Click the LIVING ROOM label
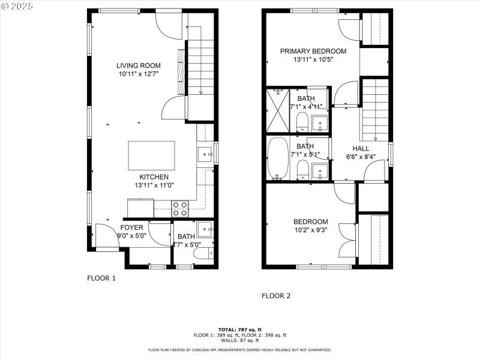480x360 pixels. pyautogui.click(x=139, y=65)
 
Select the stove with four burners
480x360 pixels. pyautogui.click(x=180, y=208)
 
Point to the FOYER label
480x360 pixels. pyautogui.click(x=132, y=227)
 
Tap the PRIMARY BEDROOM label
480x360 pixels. pyautogui.click(x=313, y=52)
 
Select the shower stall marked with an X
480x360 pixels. pyautogui.click(x=278, y=110)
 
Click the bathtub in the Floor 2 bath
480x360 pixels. pyautogui.click(x=278, y=158)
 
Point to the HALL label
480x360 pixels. pyautogui.click(x=361, y=148)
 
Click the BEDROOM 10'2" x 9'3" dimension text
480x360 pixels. pyautogui.click(x=310, y=229)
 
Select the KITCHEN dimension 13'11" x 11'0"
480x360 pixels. pyautogui.click(x=154, y=185)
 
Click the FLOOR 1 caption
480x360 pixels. pyautogui.click(x=101, y=278)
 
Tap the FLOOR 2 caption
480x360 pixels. pyautogui.click(x=276, y=296)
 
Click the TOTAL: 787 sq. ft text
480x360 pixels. pyautogui.click(x=239, y=329)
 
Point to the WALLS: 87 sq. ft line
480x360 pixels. pyautogui.click(x=239, y=340)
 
